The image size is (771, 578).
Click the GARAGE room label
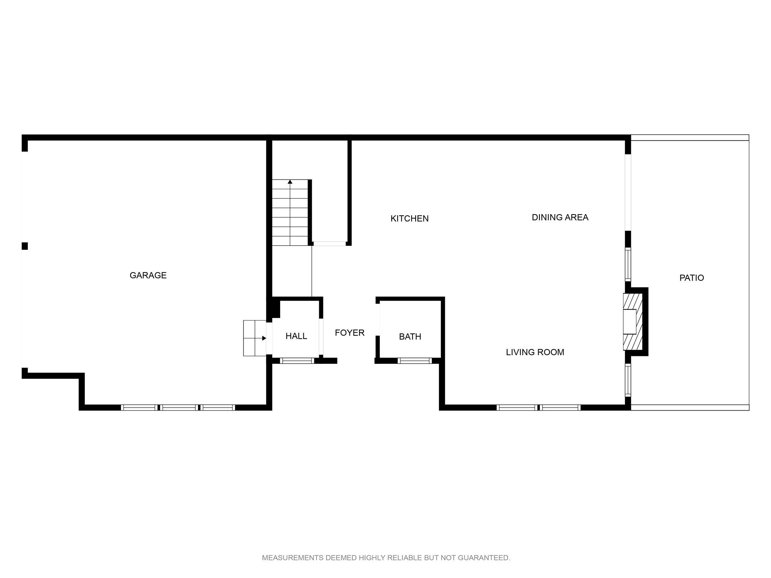pos(148,275)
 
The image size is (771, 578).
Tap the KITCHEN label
pos(410,219)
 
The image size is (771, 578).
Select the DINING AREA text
pos(560,218)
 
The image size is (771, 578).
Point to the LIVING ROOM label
pos(535,352)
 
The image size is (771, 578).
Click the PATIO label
pos(692,278)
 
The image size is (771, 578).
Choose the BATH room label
pos(410,337)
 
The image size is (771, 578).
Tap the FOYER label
pos(350,333)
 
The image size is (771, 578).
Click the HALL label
pos(296,336)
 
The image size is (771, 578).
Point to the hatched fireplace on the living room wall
pos(632,322)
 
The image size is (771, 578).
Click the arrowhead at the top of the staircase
pos(290,182)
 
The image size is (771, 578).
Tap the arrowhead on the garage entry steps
pos(264,338)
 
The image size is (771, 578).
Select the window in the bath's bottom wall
pos(414,360)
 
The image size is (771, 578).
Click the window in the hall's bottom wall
pos(297,360)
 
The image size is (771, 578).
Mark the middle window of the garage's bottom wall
pos(179,407)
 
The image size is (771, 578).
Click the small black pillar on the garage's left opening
pos(25,246)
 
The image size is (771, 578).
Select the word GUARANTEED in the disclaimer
pos(484,558)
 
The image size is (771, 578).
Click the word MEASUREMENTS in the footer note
pos(293,558)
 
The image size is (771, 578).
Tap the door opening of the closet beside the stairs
pos(330,244)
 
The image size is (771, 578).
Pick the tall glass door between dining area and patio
pos(628,192)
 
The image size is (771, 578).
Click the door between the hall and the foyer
pos(321,337)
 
